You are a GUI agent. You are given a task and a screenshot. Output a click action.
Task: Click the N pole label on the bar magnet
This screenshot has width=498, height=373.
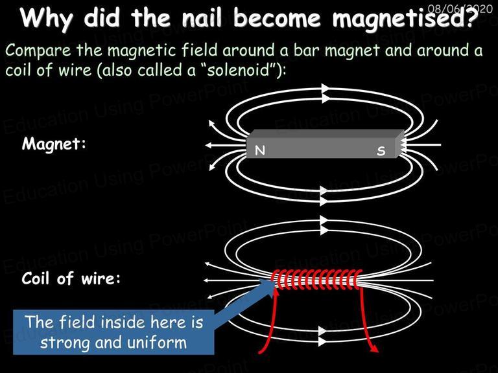[x=260, y=150]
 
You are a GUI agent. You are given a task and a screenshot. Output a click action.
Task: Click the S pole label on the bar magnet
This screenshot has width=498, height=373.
[x=381, y=151]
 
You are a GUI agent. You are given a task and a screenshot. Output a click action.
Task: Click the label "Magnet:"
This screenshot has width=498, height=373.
[x=54, y=143]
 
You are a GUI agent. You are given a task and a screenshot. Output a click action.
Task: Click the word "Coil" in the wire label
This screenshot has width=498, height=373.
[x=36, y=278]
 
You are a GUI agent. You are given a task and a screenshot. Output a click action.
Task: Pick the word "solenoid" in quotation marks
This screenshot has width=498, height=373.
[x=239, y=69]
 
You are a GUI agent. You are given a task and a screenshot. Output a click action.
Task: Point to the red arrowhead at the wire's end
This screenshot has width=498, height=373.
[x=374, y=348]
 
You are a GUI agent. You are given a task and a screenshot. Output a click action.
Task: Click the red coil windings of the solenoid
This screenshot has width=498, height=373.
[x=316, y=279]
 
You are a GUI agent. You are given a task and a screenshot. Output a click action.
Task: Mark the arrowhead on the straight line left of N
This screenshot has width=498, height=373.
[x=209, y=145]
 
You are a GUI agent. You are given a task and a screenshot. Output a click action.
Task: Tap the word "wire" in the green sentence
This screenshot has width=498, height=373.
[x=75, y=70]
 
